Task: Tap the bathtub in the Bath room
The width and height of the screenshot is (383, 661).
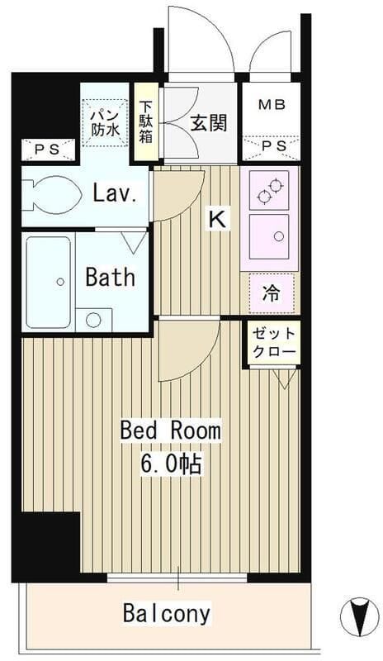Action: pos(49,283)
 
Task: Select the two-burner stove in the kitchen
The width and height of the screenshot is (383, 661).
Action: pos(269,190)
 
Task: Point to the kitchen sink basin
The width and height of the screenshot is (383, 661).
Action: pos(269,237)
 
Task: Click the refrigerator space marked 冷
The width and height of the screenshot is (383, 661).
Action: pos(272,293)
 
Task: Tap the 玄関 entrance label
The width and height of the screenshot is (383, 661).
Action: pos(209,123)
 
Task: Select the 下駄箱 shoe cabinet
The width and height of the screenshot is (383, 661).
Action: pos(146,122)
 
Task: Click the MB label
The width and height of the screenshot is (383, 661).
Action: pos(272,104)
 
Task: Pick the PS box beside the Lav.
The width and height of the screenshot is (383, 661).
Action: pos(49,150)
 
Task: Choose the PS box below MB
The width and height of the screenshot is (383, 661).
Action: pos(272,147)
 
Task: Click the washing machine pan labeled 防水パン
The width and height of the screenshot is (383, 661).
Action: pos(106,122)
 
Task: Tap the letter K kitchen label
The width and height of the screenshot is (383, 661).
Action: pos(218,219)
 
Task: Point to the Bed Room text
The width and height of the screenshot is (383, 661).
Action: pos(171,430)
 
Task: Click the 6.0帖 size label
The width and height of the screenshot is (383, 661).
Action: pos(171,464)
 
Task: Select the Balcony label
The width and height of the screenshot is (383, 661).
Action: pos(167,613)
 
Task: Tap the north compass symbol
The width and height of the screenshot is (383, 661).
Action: pos(359,616)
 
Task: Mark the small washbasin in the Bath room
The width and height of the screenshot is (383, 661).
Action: pos(93,320)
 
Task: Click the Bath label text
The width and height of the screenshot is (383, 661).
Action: pos(111,277)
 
